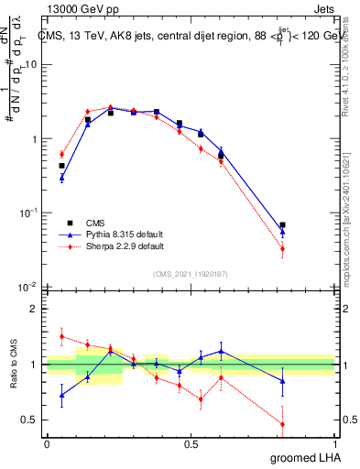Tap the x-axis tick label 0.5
[191, 443]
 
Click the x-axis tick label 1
[334, 443]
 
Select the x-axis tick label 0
[47, 443]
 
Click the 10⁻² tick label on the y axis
[27, 287]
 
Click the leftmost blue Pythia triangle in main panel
[61, 178]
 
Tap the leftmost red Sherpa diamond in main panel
[61, 154]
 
